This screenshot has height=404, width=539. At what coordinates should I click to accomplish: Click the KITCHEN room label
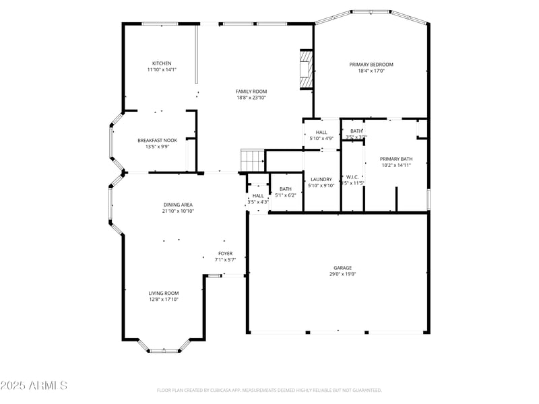click(162, 63)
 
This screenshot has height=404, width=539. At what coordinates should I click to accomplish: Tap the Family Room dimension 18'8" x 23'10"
click(251, 98)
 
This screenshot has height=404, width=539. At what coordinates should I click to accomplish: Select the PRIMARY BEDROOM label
click(371, 65)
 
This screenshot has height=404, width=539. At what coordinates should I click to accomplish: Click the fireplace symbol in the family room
click(307, 69)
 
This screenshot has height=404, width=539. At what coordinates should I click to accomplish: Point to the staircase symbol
click(253, 161)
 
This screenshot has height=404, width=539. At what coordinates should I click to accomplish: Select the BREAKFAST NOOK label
click(157, 140)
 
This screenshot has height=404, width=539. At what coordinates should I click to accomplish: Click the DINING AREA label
click(178, 205)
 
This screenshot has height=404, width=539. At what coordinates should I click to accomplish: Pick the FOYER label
click(225, 253)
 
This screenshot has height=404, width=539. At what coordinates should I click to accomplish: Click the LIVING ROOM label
click(164, 293)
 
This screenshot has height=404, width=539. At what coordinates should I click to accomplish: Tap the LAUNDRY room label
click(321, 179)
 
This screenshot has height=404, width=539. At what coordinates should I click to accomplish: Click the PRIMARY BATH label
click(396, 159)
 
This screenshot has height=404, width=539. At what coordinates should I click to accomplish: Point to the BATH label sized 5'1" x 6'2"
click(286, 189)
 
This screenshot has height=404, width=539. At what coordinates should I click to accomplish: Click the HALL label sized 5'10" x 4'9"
click(321, 132)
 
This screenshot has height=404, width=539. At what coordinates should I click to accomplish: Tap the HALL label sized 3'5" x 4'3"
click(258, 195)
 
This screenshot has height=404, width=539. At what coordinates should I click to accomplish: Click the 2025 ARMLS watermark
click(34, 386)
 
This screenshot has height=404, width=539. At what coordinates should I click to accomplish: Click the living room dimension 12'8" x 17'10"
click(164, 300)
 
